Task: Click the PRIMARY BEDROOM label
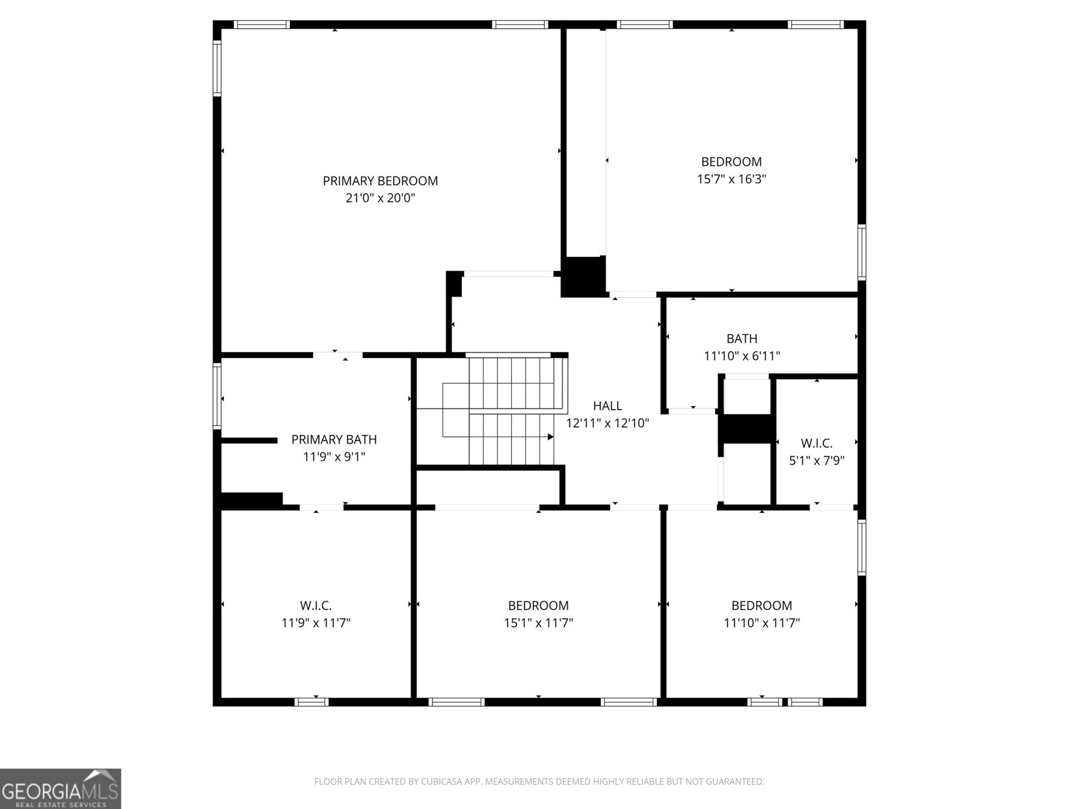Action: [380, 181]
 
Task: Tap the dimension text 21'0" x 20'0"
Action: [380, 198]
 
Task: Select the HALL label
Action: [607, 406]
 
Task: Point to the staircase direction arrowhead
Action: [550, 437]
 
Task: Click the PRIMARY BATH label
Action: [334, 440]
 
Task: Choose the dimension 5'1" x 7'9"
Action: [817, 461]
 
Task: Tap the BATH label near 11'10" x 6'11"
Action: [742, 338]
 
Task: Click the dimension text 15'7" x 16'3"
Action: [731, 179]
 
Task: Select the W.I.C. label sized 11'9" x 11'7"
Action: [316, 605]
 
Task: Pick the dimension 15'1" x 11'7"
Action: [538, 623]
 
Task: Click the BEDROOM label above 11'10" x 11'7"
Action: [761, 605]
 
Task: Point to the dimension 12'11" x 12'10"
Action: [607, 423]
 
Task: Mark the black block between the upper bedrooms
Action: [584, 276]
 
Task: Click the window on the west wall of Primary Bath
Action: [217, 396]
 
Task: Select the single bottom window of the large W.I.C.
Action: [312, 702]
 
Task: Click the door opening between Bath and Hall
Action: [693, 410]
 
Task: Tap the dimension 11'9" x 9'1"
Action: [334, 457]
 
